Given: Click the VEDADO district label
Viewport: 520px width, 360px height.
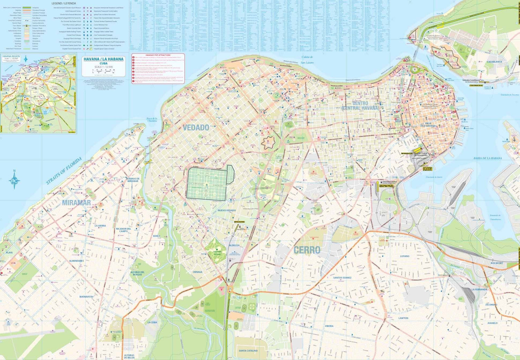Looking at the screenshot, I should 196,128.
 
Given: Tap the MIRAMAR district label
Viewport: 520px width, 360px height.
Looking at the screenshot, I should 76,203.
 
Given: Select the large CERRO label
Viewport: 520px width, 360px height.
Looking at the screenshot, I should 307,250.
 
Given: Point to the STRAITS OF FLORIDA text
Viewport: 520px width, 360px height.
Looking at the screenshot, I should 64,171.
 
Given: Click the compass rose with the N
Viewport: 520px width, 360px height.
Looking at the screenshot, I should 14,180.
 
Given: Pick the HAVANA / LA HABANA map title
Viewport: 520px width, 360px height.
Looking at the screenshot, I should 103,59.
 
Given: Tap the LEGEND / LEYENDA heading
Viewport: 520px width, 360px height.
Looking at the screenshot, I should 64,3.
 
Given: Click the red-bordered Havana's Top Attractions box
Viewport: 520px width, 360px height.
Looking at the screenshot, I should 158,68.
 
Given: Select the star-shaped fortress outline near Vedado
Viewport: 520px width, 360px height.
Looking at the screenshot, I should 268,142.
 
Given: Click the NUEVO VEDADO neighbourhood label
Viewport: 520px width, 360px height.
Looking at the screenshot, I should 227,211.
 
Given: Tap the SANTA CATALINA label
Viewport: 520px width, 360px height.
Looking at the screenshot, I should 248,351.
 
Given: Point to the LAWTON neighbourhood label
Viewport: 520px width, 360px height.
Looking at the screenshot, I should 403,318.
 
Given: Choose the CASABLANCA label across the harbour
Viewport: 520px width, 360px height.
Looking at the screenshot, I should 494,62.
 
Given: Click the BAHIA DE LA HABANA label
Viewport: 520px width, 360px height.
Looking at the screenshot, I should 487,158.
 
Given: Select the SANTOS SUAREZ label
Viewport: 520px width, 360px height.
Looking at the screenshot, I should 342,278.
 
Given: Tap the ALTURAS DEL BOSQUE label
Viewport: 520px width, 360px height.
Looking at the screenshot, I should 137,273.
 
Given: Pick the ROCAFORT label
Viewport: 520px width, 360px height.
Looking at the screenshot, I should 496,263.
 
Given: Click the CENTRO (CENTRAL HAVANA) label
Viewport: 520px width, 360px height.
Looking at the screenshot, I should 360,106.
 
